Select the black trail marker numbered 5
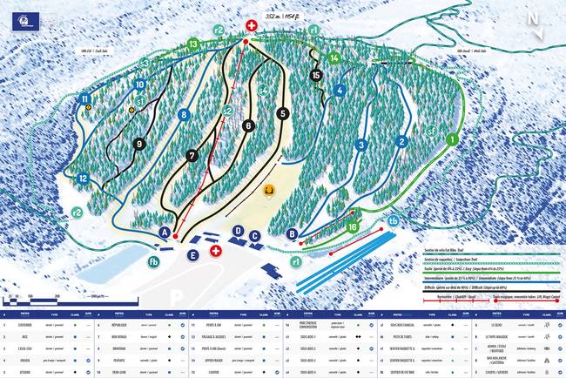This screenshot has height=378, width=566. (x=282, y=113)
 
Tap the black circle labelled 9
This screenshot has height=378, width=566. (x=139, y=145)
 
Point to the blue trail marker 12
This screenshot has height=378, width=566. (x=83, y=179)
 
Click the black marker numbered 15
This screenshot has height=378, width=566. (x=316, y=75)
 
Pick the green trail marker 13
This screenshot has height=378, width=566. (x=193, y=44)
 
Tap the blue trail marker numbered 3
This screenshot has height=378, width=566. (x=360, y=145)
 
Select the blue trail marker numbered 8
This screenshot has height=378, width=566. (x=183, y=114)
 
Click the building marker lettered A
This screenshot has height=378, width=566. (x=165, y=232)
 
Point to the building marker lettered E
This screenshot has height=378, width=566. (x=192, y=254)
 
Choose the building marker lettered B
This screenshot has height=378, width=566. (x=293, y=233)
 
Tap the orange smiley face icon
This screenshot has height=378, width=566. (x=269, y=190)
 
